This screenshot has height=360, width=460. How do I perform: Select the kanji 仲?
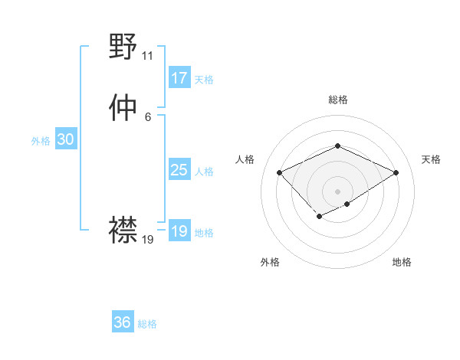(123, 109)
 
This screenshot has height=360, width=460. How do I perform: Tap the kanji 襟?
(123, 229)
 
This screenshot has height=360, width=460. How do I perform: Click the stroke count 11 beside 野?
(147, 56)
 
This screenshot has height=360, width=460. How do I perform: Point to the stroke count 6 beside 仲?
(147, 117)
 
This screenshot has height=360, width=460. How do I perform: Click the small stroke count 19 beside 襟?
(148, 240)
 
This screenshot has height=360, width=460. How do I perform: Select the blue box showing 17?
(179, 78)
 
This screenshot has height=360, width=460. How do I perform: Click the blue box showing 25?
(179, 170)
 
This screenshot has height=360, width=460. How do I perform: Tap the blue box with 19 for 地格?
(179, 231)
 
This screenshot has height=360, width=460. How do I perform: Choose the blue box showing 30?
(65, 139)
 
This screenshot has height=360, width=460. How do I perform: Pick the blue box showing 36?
(122, 322)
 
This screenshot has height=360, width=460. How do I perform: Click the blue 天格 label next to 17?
(203, 80)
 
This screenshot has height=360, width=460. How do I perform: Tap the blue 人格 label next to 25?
(203, 172)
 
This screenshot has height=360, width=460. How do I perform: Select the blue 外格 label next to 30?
(41, 141)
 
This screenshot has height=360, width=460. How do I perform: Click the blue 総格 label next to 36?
(147, 324)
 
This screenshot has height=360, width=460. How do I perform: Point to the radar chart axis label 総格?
(337, 100)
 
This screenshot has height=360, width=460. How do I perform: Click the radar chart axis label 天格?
(431, 159)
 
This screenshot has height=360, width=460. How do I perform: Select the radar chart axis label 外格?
(270, 263)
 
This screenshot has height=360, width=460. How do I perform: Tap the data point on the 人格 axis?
(280, 173)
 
